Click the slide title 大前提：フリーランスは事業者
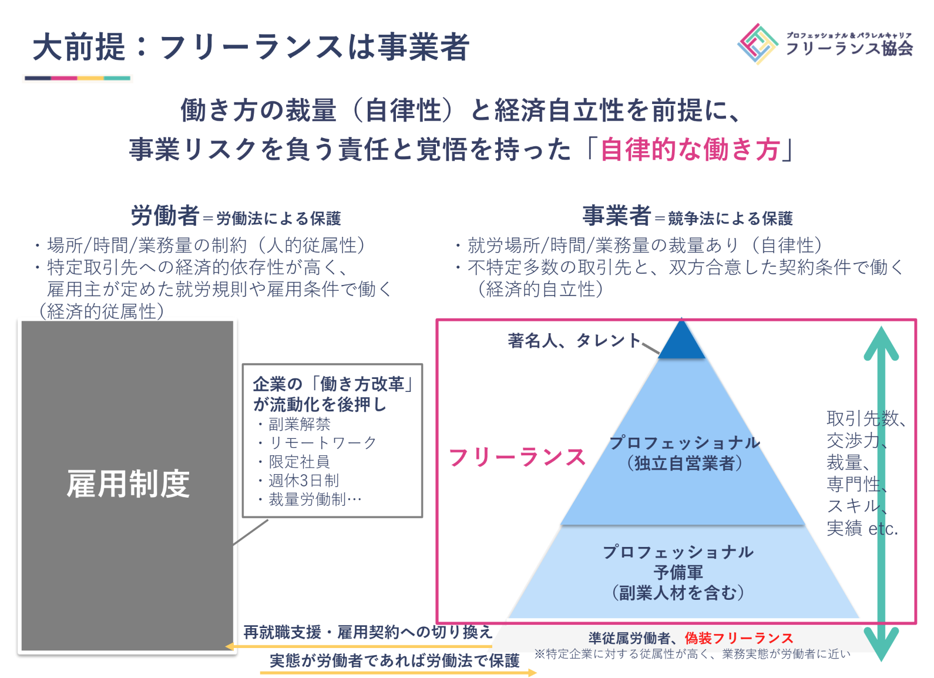251,47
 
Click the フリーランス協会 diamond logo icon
758,43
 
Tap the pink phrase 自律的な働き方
690,149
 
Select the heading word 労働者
164,216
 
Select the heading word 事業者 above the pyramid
616,216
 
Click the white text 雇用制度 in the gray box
128,484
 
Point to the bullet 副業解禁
299,424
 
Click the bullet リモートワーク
322,443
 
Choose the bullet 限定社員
299,462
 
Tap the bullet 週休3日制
304,481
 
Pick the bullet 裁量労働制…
315,499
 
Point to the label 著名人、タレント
574,340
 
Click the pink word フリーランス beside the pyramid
517,457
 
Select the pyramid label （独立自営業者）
684,463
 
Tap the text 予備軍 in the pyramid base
678,572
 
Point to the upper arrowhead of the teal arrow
881,343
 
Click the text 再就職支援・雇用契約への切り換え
368,632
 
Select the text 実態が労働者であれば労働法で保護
394,661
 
